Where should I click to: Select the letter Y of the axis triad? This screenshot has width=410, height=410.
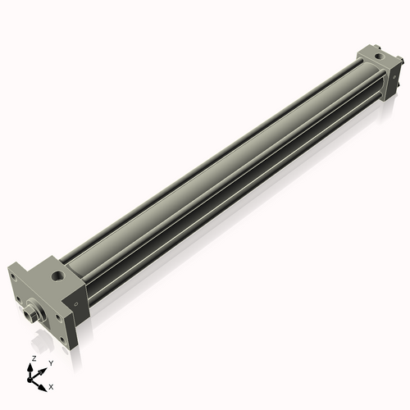[51, 362]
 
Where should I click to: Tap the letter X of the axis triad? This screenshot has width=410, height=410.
[52, 385]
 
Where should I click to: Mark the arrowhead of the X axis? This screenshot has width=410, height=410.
[43, 382]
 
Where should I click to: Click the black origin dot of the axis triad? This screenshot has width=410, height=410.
[33, 378]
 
